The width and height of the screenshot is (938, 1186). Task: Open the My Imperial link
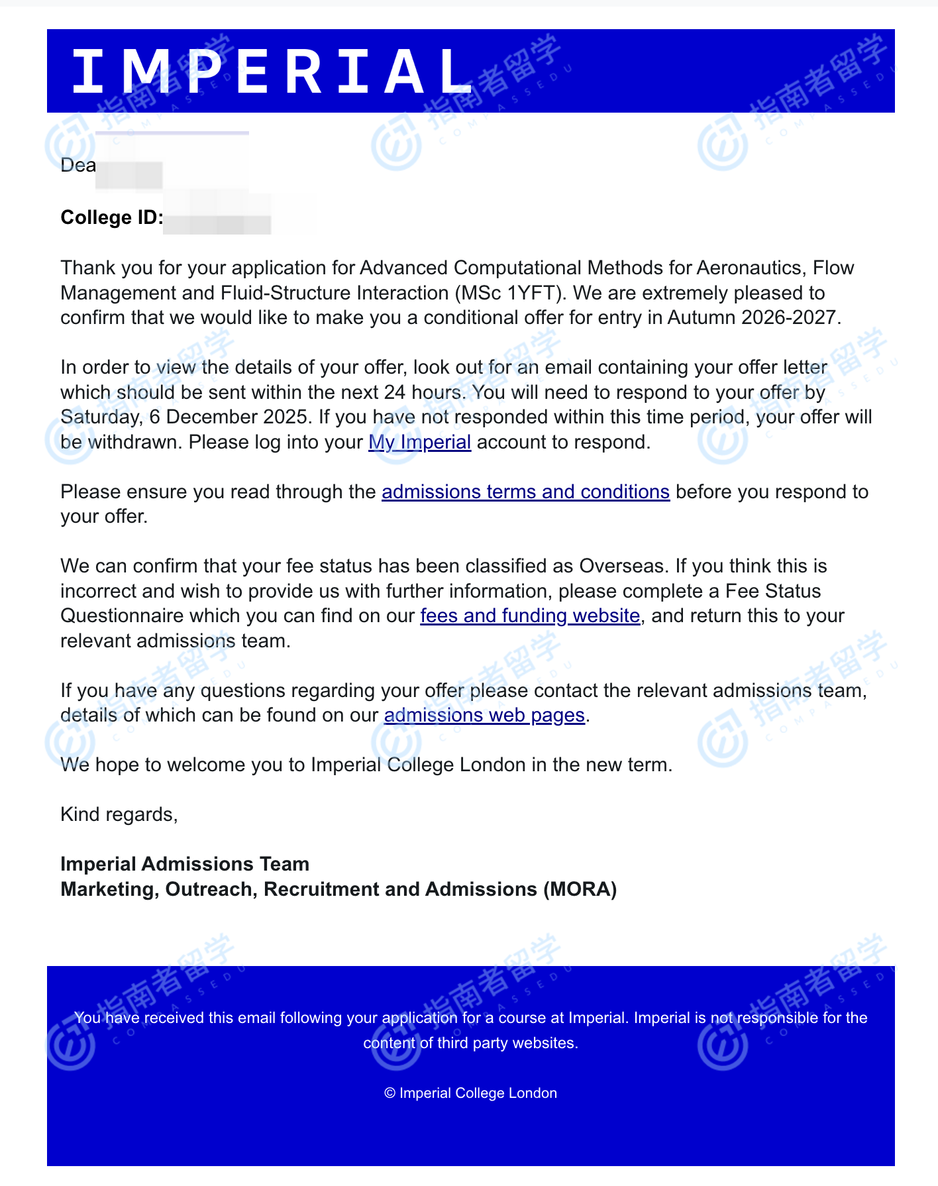(419, 442)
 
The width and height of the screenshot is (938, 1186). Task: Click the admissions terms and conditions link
(525, 492)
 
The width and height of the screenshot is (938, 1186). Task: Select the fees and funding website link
(530, 616)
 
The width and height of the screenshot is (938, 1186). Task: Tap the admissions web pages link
(484, 715)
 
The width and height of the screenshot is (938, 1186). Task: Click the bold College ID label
(111, 217)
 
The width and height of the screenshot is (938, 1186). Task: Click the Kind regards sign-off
(119, 814)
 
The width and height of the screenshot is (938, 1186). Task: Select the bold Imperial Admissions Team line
(185, 864)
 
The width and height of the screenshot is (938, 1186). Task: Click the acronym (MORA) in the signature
(580, 889)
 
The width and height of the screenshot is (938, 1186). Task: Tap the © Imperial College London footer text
(470, 1093)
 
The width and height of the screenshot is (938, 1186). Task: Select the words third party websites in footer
(507, 1043)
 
